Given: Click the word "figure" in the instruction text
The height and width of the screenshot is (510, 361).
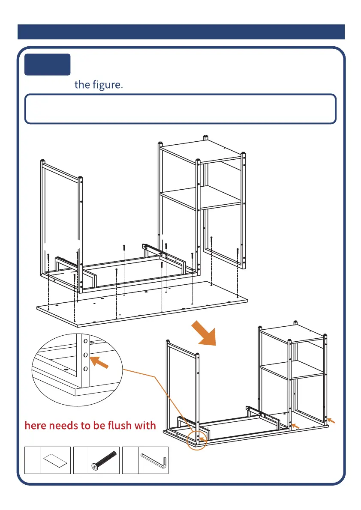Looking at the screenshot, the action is coord(107,84).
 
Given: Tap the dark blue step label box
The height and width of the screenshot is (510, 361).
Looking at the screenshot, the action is coord(48,64).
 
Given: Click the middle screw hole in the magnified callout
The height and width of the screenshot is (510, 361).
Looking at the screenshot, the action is coord(85,355).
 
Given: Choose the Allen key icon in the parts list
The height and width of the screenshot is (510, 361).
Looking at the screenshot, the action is coord(153,461).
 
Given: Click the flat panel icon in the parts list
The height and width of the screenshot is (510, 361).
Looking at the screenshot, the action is coord(56,461).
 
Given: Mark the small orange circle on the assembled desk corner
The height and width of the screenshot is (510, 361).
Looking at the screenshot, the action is coord(198,439).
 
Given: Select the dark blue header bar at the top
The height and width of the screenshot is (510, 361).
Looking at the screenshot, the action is coord(180,32).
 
